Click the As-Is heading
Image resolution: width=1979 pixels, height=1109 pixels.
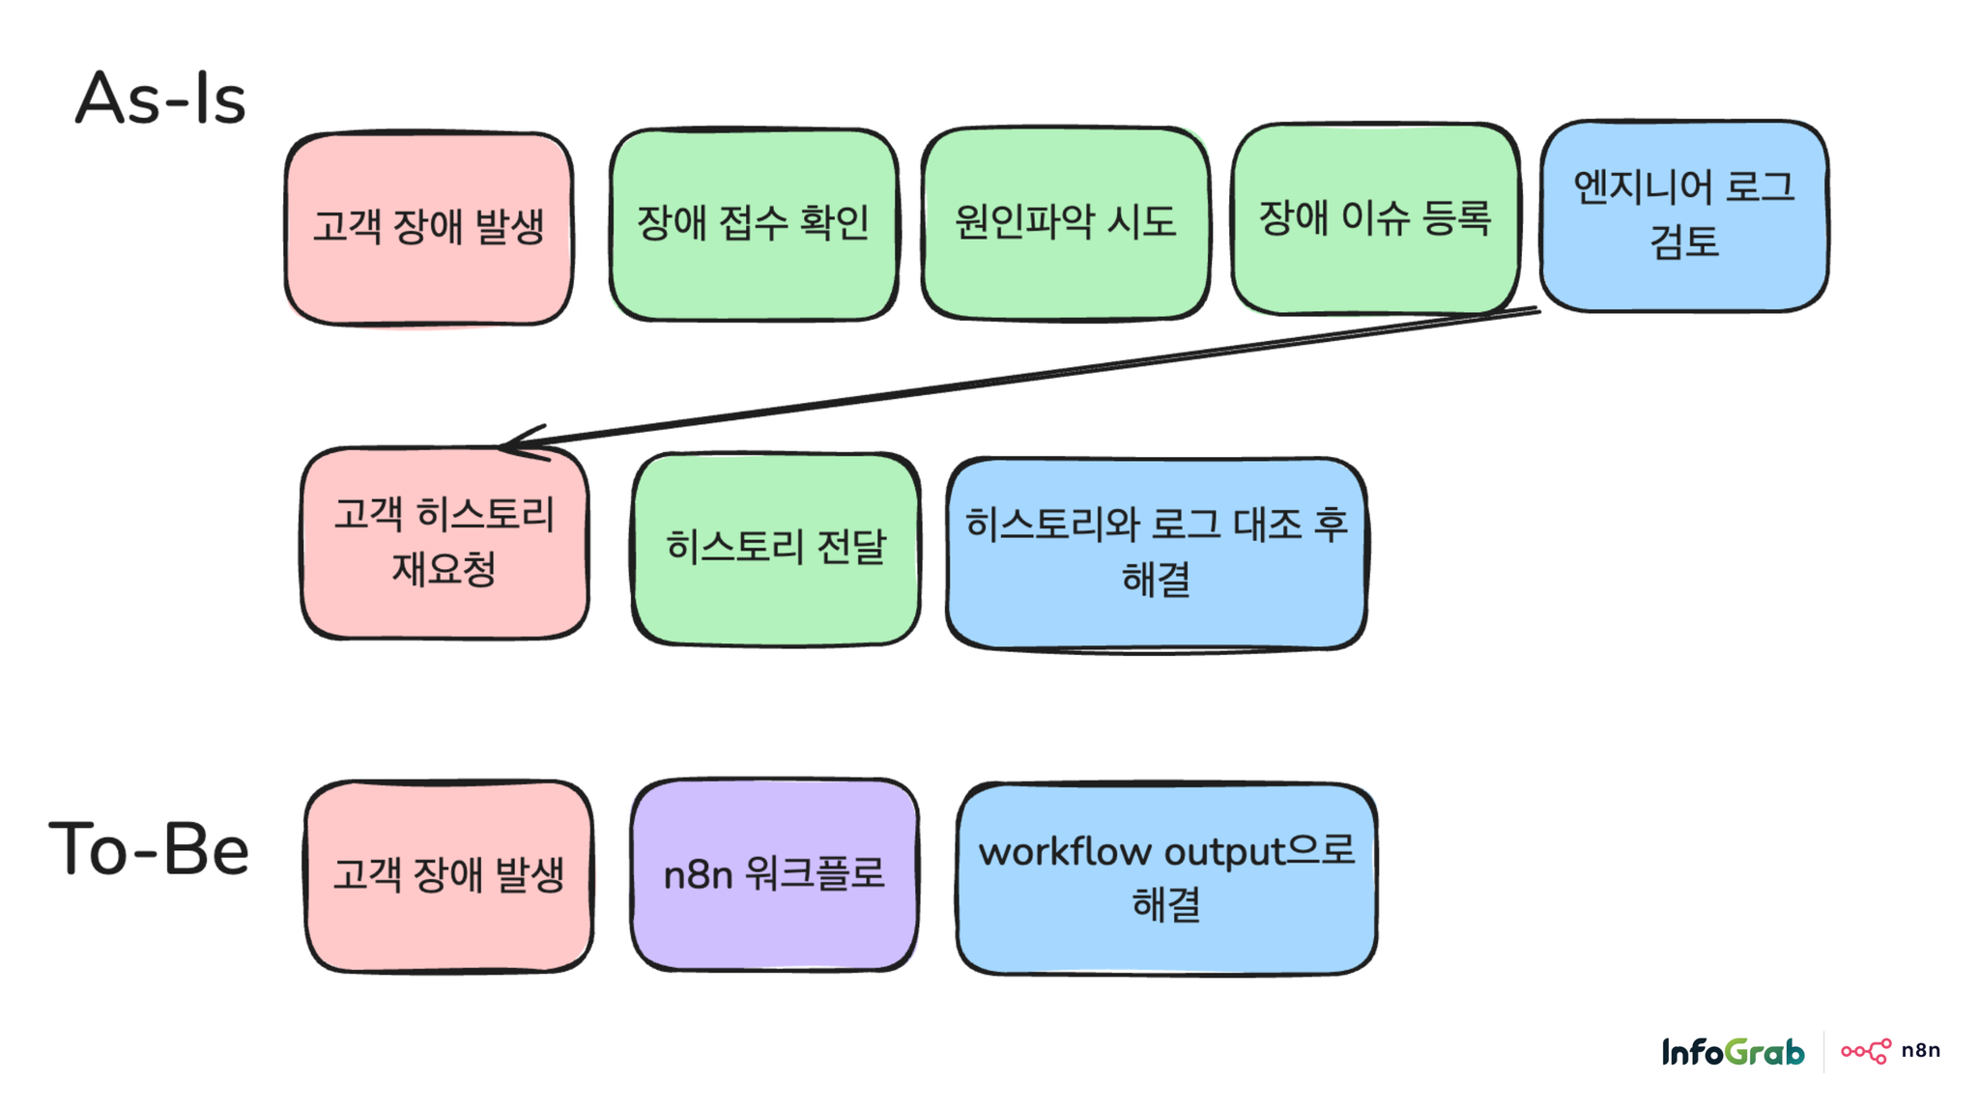click(160, 99)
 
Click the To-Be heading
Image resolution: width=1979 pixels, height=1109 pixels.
click(150, 849)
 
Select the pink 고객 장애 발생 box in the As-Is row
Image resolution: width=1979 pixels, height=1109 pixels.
click(429, 228)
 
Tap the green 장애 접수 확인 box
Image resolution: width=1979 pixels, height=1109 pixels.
click(754, 224)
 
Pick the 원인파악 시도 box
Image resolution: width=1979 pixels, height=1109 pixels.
click(1065, 222)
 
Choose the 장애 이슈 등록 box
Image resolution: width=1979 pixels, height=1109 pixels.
click(1375, 218)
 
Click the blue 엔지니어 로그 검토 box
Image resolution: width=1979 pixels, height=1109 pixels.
click(1683, 215)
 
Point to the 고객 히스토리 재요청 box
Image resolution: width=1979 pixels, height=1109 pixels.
click(445, 542)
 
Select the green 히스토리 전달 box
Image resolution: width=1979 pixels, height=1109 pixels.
click(776, 549)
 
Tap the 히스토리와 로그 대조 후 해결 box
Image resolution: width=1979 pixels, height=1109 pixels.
click(1156, 554)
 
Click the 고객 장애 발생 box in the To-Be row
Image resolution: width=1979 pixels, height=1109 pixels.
click(448, 876)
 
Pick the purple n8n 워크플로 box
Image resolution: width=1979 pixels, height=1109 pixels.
click(774, 874)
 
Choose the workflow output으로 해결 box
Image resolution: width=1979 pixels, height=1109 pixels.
click(1166, 879)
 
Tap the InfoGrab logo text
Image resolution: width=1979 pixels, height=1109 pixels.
click(1733, 1052)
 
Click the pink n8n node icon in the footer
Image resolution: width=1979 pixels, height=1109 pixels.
click(1866, 1051)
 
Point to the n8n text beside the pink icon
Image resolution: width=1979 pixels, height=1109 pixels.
click(1920, 1051)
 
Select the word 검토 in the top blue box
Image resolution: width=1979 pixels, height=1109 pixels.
click(1683, 242)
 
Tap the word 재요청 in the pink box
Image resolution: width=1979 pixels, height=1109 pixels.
click(444, 569)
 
